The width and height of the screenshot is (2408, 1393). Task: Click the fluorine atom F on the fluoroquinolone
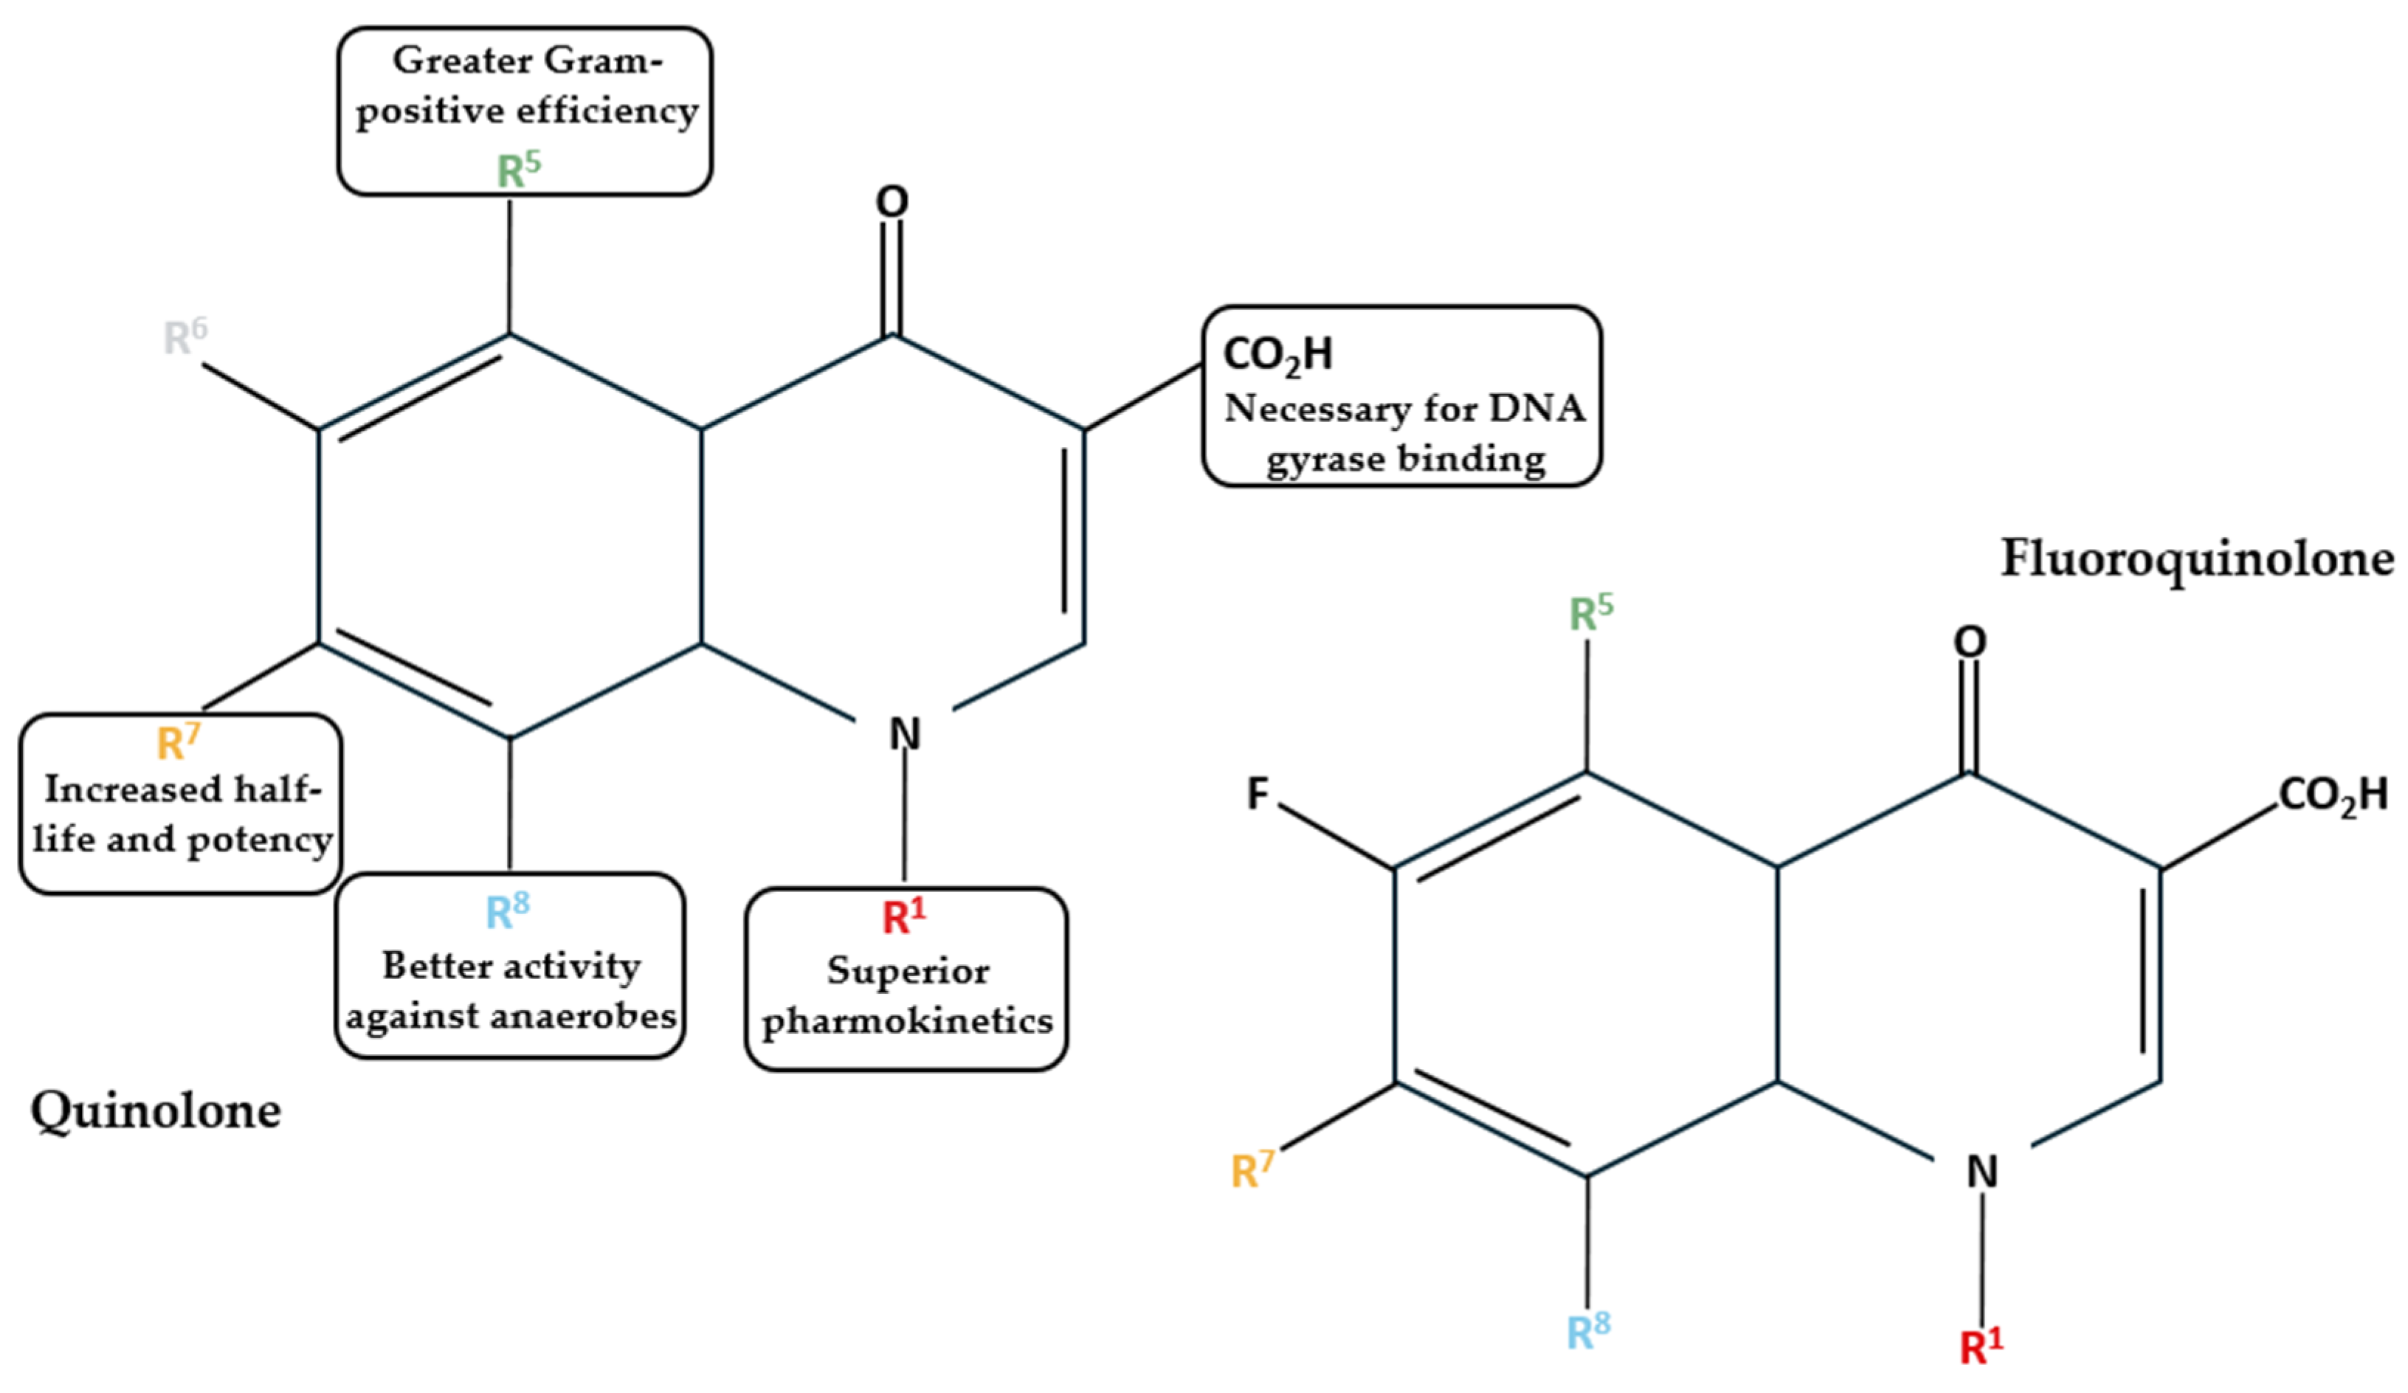[1258, 793]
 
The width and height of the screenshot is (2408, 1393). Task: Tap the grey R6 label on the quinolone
[184, 336]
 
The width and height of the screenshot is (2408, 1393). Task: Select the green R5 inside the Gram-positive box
[518, 170]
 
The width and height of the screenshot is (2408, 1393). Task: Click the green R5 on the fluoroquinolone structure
[1591, 612]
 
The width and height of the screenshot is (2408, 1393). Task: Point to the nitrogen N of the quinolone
[904, 734]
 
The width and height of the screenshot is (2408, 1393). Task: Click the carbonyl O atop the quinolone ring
[891, 201]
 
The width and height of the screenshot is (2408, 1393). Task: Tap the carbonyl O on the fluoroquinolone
[1970, 641]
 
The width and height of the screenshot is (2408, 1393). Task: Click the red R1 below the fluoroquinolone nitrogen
[1981, 1347]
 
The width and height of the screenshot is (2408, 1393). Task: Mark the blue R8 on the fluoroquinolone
[1588, 1330]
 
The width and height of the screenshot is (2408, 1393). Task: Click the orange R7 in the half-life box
[179, 742]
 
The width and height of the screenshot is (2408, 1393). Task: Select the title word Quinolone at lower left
[156, 1111]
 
